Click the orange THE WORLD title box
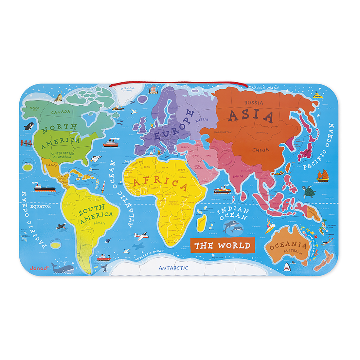click(x=222, y=245)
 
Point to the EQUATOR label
click(x=41, y=207)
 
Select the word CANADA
click(x=61, y=112)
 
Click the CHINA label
click(x=261, y=150)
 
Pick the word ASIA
click(x=251, y=116)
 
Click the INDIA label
click(x=238, y=176)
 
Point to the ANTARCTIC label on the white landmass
click(x=173, y=268)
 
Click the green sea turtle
click(x=309, y=192)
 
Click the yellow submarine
click(x=317, y=96)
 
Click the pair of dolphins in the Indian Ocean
click(x=233, y=226)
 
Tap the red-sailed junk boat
click(x=322, y=176)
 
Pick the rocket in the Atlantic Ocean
click(x=103, y=186)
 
